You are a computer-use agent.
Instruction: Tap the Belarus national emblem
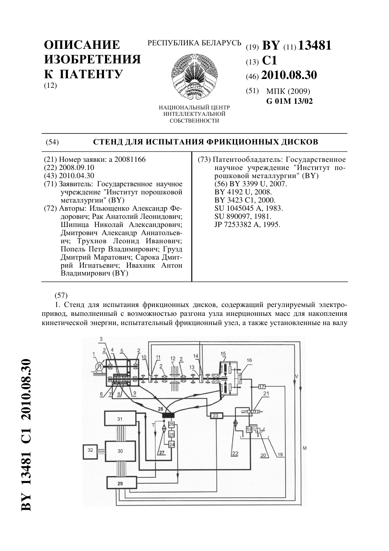point(194,76)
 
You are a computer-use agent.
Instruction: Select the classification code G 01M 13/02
point(290,101)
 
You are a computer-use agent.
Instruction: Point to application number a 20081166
point(127,159)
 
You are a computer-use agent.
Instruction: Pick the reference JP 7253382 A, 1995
point(247,225)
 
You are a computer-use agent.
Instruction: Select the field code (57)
point(61,295)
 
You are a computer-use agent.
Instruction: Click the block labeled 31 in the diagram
point(120,418)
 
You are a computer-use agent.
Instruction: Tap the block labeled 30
point(120,451)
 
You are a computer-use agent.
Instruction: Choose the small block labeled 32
point(91,450)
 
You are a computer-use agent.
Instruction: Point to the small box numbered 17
point(262,386)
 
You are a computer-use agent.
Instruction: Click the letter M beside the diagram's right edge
point(305,448)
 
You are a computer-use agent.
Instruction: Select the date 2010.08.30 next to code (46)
point(289,75)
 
